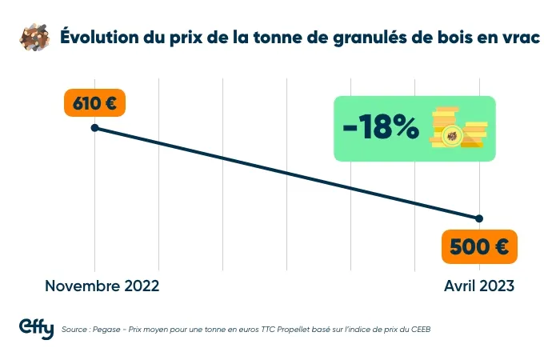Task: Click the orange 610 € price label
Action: [x=94, y=105]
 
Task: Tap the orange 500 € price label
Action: [x=479, y=247]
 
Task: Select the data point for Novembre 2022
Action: [x=95, y=128]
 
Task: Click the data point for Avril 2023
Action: [x=479, y=218]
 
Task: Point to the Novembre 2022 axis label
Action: [x=102, y=286]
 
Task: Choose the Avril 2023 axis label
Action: [x=479, y=286]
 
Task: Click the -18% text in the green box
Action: [x=380, y=128]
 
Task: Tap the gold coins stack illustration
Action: [x=458, y=128]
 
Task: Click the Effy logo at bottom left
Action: [x=36, y=328]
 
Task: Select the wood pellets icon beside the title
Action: [x=34, y=38]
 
